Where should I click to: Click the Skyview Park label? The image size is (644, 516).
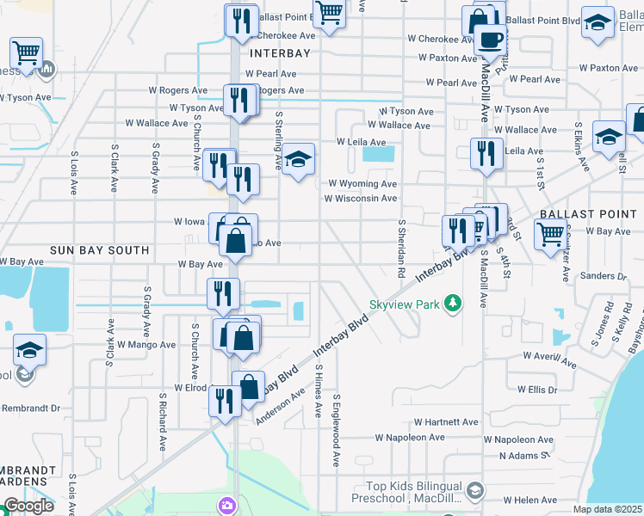[405, 304]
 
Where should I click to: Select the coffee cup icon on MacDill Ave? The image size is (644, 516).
[491, 40]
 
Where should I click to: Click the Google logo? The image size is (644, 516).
[28, 506]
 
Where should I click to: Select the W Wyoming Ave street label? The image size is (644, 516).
[362, 184]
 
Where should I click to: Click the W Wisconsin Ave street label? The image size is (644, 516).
[361, 199]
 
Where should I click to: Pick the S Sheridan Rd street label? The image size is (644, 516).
[401, 248]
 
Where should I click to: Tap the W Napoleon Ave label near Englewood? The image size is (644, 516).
[409, 438]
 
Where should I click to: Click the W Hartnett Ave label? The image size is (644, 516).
[445, 422]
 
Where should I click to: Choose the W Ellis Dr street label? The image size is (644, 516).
[537, 390]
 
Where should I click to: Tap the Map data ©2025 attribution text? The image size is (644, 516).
[608, 509]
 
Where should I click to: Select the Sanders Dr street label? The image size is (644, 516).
[603, 276]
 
